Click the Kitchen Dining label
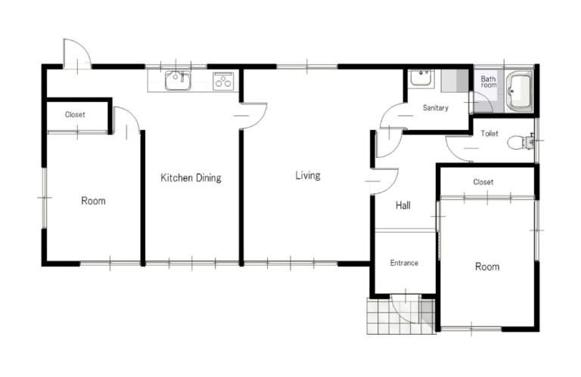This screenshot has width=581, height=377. point(191,178)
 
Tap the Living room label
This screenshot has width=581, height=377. point(308,175)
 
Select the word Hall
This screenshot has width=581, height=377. point(402,205)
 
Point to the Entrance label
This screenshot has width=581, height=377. point(404,263)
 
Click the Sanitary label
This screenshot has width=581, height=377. point(436,108)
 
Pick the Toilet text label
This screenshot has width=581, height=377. point(489,134)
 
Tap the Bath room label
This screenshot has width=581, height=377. point(489,82)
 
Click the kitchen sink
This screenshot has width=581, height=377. point(178,80)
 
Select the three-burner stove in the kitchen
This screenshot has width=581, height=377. point(223,81)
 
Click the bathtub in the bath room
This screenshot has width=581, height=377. point(520,91)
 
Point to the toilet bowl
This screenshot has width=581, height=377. point(520,143)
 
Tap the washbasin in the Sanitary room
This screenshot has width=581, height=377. point(421,79)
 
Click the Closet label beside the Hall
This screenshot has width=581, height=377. point(483,182)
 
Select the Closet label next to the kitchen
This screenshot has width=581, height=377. point(75,115)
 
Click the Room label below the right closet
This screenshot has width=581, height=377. point(487,267)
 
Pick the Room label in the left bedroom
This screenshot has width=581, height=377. point(93,201)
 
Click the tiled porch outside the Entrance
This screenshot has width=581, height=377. point(401,316)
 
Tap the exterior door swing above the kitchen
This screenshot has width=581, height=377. point(77,54)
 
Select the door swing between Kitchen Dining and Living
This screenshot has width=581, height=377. point(253,116)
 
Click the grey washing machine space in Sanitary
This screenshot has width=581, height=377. point(455,81)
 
